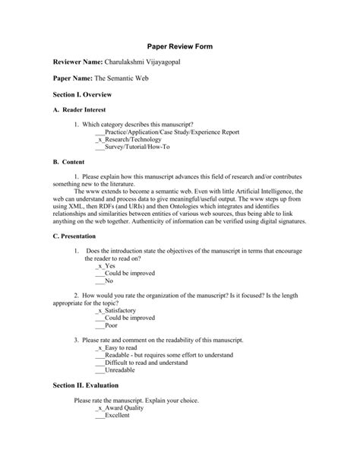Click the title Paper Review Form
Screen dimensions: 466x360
pyautogui.click(x=179, y=46)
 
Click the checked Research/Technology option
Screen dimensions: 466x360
pyautogui.click(x=127, y=141)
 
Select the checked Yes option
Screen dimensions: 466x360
pyautogui.click(x=106, y=266)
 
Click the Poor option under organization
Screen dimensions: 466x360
pyautogui.click(x=106, y=325)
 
